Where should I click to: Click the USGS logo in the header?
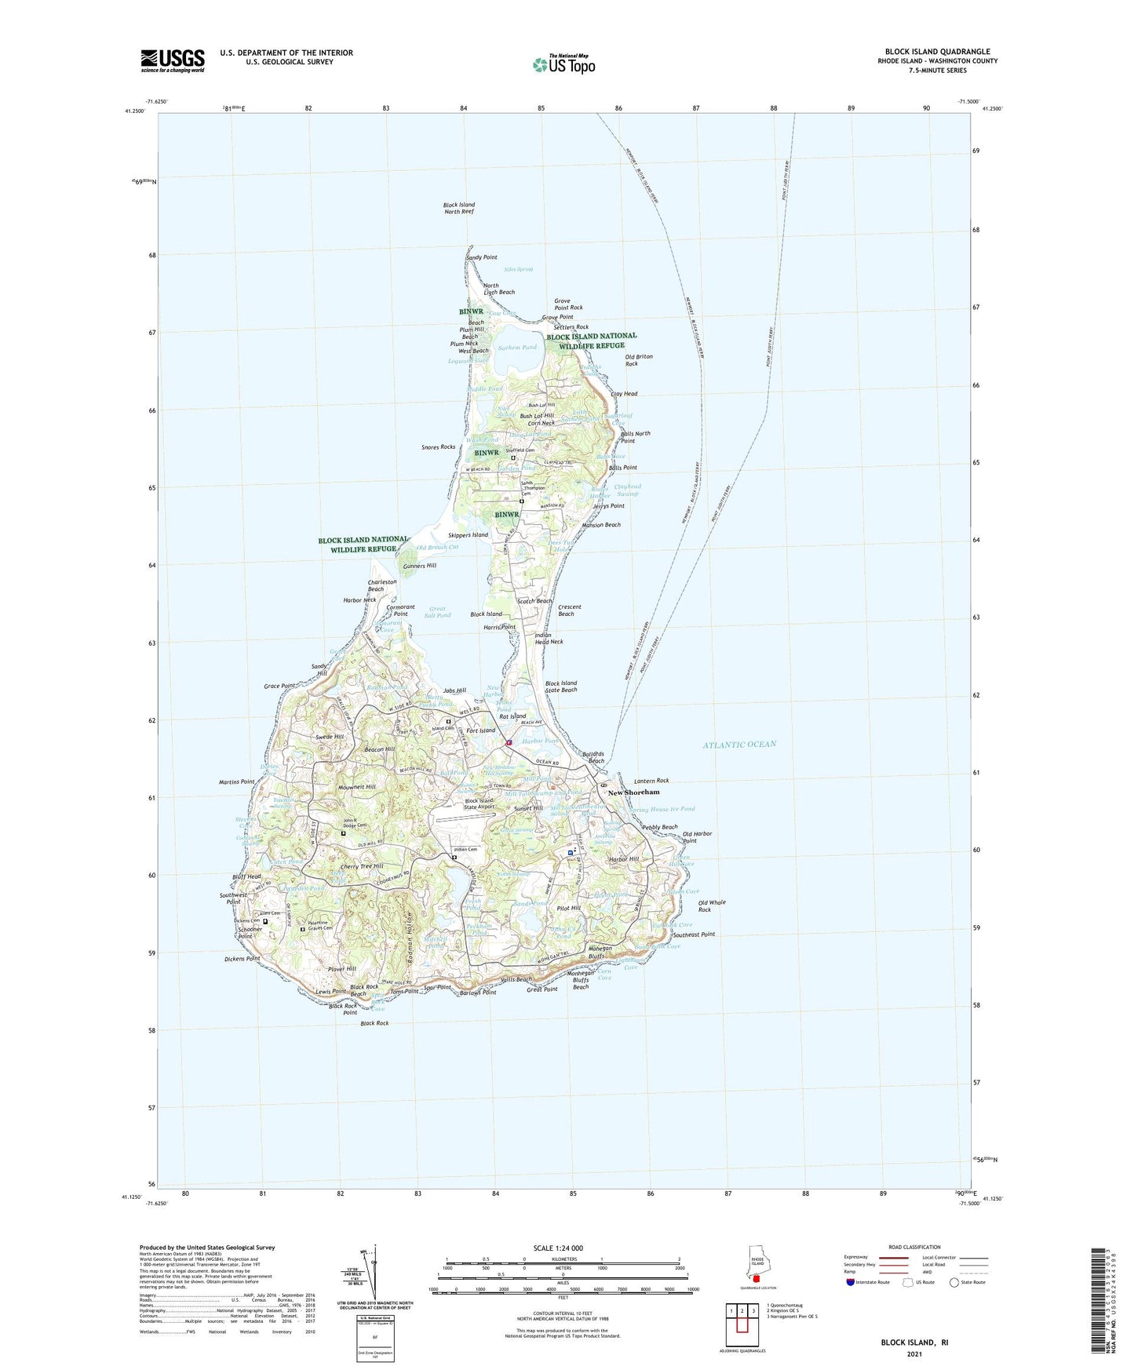coord(173,60)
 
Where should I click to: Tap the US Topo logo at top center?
coord(563,64)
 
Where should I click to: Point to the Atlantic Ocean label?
coord(739,744)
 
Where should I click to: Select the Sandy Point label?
coord(481,257)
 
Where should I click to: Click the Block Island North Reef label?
coord(459,208)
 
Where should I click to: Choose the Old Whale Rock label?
coord(712,905)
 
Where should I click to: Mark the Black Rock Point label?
coord(343,1009)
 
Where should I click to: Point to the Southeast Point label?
coord(694,935)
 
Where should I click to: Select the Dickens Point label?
coord(242,959)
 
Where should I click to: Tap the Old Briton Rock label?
coord(638,360)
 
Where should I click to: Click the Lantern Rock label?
coord(651,781)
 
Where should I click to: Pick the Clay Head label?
coord(624,394)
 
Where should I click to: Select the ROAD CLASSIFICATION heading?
coord(914,1247)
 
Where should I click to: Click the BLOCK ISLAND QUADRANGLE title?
coord(937,52)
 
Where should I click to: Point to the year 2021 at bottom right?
coord(913,1354)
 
